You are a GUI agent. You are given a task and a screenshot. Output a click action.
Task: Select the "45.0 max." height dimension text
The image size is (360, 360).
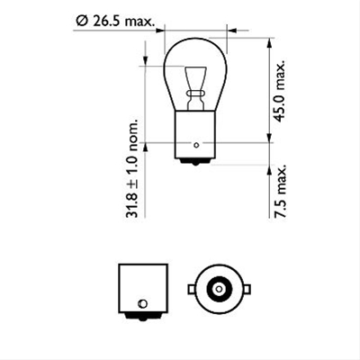click(x=281, y=90)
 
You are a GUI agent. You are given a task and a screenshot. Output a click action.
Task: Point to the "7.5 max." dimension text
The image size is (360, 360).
click(x=281, y=193)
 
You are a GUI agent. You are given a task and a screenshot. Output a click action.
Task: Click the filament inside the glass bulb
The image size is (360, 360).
click(x=197, y=80)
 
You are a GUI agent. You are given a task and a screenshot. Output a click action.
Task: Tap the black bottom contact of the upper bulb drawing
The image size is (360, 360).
click(x=197, y=160)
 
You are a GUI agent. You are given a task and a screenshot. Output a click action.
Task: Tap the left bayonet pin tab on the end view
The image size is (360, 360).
click(x=191, y=289)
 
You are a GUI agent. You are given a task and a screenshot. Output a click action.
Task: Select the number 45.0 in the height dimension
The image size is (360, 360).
click(x=281, y=106)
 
